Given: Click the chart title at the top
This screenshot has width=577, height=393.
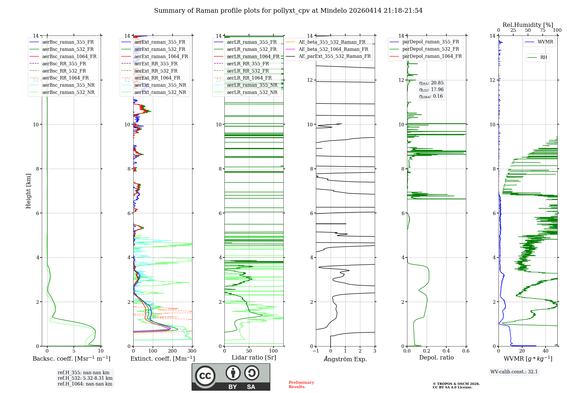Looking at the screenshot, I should click(x=288, y=11).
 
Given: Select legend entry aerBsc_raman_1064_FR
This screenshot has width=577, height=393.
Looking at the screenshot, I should click(x=69, y=56).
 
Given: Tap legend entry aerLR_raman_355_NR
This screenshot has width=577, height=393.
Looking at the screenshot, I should click(x=252, y=85).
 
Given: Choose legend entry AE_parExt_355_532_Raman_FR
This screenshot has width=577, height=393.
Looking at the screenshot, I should click(x=335, y=56).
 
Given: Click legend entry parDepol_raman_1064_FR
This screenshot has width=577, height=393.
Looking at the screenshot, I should click(x=432, y=56).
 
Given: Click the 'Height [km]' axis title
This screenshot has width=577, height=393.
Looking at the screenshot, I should click(x=28, y=191).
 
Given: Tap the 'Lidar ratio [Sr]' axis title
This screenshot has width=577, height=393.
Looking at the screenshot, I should click(x=254, y=357).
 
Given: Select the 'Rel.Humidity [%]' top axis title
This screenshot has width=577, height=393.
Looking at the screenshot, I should click(x=528, y=25).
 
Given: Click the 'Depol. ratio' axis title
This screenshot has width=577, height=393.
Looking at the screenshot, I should click(x=436, y=357).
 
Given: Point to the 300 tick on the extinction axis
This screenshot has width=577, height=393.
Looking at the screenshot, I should click(x=192, y=351).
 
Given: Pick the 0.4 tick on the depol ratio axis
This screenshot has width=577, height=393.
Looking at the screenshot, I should click(x=446, y=351).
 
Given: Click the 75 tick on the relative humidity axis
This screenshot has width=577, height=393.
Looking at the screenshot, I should click(x=542, y=30).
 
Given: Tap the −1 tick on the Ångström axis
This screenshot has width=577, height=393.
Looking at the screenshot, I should click(x=316, y=351).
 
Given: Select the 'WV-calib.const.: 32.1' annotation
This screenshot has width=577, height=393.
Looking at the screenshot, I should click(x=514, y=372).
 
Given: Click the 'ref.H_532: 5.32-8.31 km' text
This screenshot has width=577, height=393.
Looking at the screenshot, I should click(x=85, y=378).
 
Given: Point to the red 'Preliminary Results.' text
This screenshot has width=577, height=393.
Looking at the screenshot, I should click(x=301, y=385).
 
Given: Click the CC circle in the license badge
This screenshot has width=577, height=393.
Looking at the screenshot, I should click(x=205, y=376).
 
